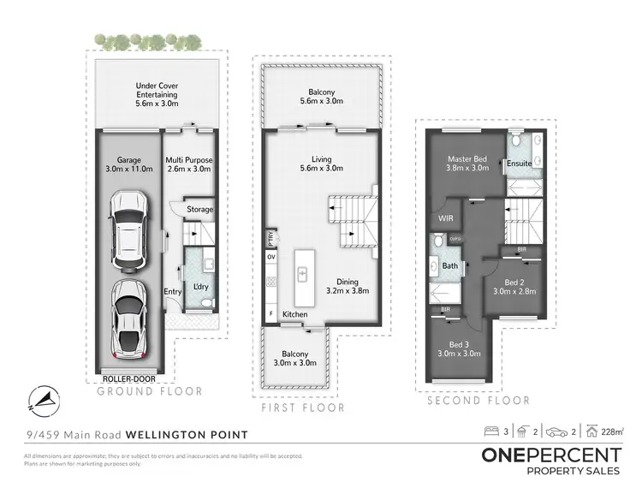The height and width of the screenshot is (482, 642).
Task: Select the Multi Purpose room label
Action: click(x=188, y=164)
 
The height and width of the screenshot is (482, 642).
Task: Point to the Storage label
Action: click(x=200, y=210)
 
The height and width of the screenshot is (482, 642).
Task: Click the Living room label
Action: click(x=321, y=164)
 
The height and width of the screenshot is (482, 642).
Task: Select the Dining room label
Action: click(x=347, y=285)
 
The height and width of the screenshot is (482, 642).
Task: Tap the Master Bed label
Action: click(x=467, y=163)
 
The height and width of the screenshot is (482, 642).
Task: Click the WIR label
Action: click(x=445, y=218)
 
